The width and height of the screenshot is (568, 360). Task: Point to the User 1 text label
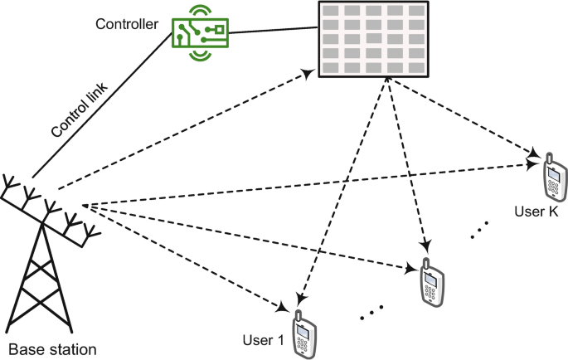click(x=263, y=340)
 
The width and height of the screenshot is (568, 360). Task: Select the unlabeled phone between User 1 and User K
click(x=431, y=282)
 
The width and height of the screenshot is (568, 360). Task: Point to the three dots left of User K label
click(x=480, y=230)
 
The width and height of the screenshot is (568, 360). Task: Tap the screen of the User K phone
click(x=551, y=173)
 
